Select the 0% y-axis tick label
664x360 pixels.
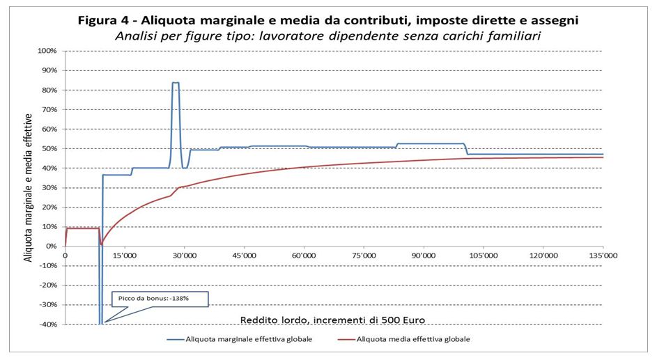coord(51,246)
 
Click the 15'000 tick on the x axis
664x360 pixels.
coord(124,255)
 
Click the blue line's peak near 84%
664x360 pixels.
coord(175,83)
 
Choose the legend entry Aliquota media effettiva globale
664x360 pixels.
coord(412,339)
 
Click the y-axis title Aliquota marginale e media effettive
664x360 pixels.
coord(29,187)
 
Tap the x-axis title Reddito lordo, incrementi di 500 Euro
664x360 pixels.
coord(333,320)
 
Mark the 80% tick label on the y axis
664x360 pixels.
coord(49,90)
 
